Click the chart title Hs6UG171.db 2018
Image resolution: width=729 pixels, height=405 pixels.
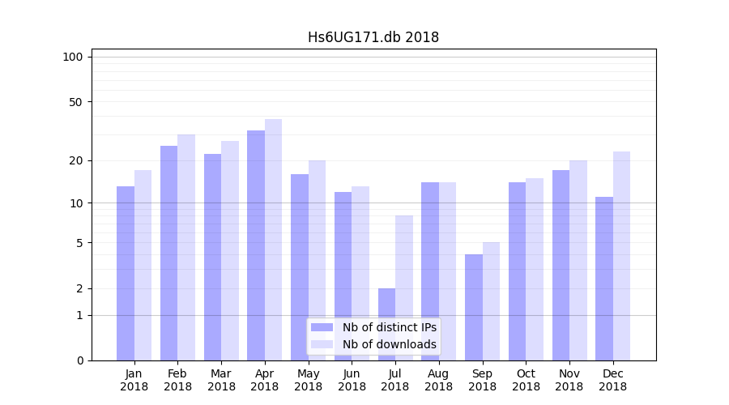[x=373, y=37]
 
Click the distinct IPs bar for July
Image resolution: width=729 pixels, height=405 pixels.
[x=386, y=324]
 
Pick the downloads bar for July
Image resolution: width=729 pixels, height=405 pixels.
[x=404, y=288]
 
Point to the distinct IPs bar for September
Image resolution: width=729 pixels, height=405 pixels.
[x=474, y=307]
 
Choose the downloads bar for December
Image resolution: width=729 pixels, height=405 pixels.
[x=621, y=256]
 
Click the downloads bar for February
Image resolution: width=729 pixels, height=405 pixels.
[x=186, y=247]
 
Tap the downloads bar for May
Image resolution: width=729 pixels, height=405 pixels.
[x=317, y=260]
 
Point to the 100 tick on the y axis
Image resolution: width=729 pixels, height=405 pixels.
[x=73, y=57]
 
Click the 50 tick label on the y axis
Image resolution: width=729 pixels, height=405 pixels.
[x=75, y=102]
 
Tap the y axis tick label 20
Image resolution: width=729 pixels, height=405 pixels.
[x=75, y=160]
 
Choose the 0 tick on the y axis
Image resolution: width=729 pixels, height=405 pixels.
[x=79, y=360]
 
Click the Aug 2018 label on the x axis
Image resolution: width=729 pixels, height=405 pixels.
[x=438, y=380]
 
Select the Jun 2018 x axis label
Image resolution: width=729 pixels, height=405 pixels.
[x=352, y=380]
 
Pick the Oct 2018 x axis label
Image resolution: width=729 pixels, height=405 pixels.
[x=526, y=380]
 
